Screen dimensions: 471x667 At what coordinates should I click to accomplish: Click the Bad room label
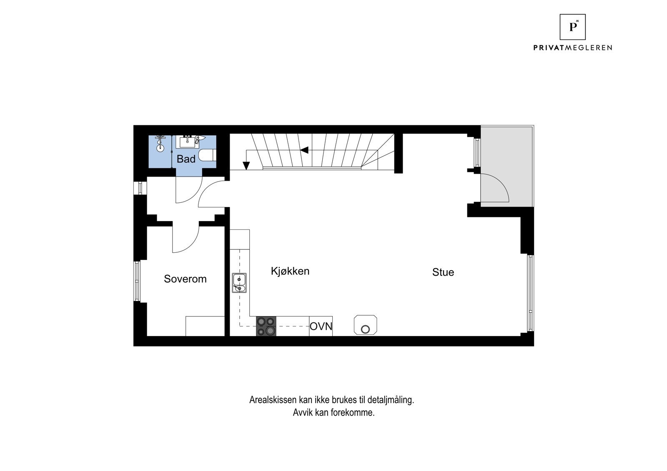pos(186,159)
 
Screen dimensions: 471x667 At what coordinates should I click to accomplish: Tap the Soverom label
pos(185,279)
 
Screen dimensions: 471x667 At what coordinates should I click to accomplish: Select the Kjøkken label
pos(290,271)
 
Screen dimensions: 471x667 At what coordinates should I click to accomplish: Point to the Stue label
pos(443,272)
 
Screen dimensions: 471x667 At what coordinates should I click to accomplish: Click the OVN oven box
pos(321,326)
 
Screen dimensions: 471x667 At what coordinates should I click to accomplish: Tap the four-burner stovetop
pos(266,326)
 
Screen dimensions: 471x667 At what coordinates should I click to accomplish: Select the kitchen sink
pos(239,283)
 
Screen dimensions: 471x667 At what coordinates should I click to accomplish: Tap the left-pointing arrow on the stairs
pos(305,150)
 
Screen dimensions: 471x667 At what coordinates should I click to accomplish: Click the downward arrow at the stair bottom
pos(246,165)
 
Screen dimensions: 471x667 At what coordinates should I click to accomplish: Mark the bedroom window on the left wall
pos(137,281)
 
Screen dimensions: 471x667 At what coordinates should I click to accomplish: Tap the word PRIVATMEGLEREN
pos(573,47)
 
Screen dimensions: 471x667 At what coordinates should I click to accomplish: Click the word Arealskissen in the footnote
pos(273,400)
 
